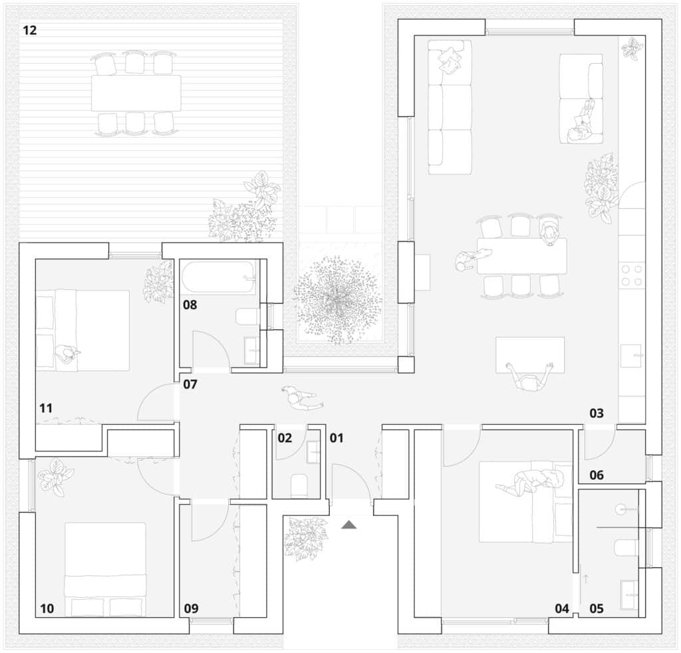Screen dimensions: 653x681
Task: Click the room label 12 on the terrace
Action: click(29, 30)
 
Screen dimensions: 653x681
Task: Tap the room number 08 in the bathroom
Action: click(191, 305)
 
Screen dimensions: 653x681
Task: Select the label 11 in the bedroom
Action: click(45, 408)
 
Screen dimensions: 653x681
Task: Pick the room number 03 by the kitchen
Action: click(596, 414)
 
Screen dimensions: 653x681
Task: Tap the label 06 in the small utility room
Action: click(596, 475)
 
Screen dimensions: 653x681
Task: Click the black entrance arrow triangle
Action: click(349, 525)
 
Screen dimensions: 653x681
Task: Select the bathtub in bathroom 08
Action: click(218, 277)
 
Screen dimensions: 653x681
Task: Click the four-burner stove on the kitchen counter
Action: click(631, 275)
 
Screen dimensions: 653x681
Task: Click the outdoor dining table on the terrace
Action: click(136, 93)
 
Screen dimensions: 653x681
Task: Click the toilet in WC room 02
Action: click(299, 486)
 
